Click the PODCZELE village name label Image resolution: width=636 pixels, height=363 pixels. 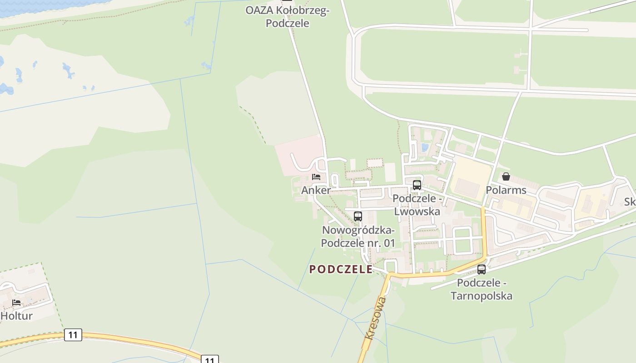[x=341, y=269]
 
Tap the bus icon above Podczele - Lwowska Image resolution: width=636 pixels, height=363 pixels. [x=417, y=185]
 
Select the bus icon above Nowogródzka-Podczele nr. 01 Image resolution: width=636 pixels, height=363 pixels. [x=358, y=216]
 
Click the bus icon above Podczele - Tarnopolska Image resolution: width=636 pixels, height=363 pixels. [x=482, y=270]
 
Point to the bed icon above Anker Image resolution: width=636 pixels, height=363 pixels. [x=316, y=177]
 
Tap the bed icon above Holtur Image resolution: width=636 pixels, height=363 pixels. [x=16, y=302]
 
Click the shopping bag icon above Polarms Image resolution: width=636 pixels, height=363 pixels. [x=506, y=177]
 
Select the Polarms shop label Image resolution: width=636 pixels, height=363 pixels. [x=506, y=190]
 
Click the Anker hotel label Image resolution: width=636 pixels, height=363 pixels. [x=316, y=190]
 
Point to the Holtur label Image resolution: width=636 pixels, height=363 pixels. [x=16, y=316]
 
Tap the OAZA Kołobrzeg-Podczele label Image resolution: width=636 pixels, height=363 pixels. [x=287, y=16]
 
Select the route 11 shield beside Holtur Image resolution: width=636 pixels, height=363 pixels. [x=73, y=335]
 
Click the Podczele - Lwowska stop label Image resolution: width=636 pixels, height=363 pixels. [x=417, y=205]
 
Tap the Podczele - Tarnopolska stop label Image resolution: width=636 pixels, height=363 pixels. [x=482, y=289]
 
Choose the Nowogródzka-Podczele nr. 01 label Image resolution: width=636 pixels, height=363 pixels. [x=358, y=237]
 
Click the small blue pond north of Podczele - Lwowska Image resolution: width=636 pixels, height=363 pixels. [x=425, y=147]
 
